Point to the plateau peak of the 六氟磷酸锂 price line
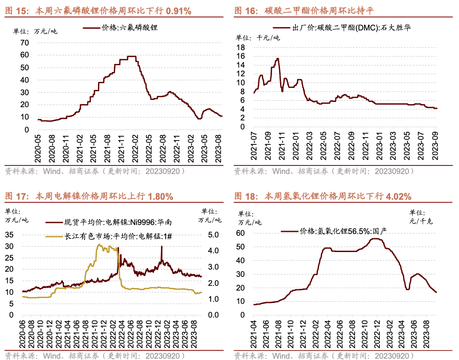(x=131, y=57)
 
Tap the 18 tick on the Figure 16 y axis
(x=241, y=47)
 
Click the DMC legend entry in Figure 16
(x=351, y=28)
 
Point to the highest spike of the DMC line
(x=277, y=59)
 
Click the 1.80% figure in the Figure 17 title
(x=160, y=197)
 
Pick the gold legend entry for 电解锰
(x=118, y=236)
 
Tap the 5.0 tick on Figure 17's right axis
(x=213, y=235)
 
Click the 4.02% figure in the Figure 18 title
(x=399, y=197)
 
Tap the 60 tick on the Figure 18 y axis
(x=241, y=233)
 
